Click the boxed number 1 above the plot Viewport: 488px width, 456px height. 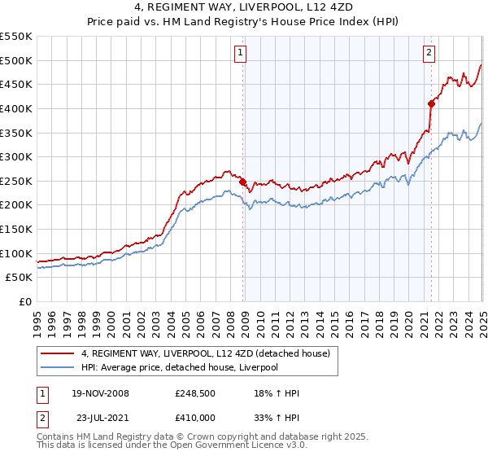[x=242, y=54]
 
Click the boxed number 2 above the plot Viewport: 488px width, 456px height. [x=429, y=54]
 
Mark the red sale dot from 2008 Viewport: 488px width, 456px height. [x=243, y=182]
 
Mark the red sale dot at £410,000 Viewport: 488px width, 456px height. [x=430, y=103]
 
